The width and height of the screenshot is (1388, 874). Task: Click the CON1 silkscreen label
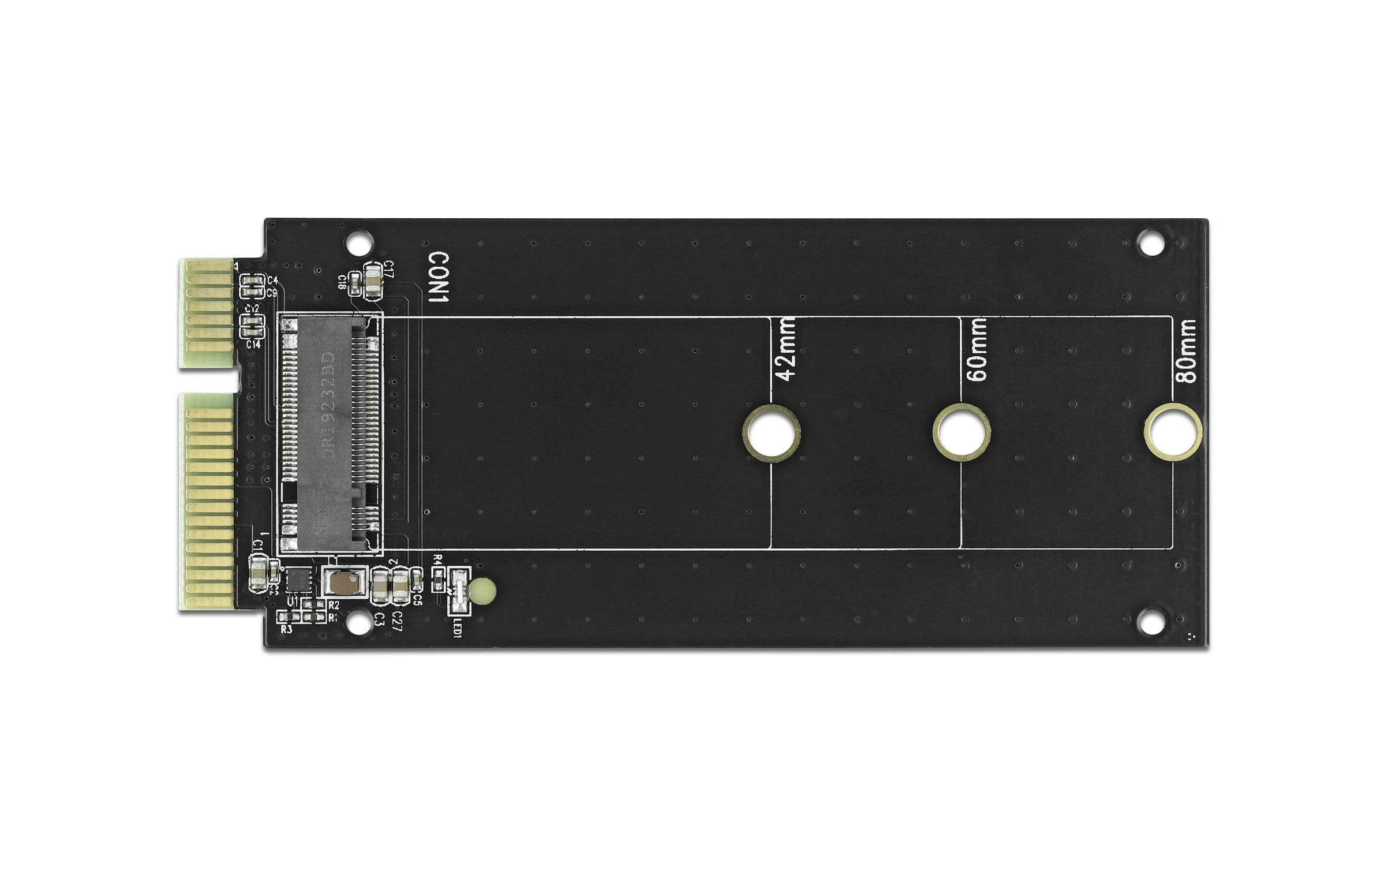(x=438, y=277)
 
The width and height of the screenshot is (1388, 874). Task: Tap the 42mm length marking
(x=786, y=350)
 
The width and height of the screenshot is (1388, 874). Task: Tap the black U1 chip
(x=298, y=580)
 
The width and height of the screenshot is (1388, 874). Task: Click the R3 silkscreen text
(x=286, y=629)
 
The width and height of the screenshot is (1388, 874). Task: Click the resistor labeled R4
(x=439, y=576)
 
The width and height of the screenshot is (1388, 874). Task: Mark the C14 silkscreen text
(x=253, y=345)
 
